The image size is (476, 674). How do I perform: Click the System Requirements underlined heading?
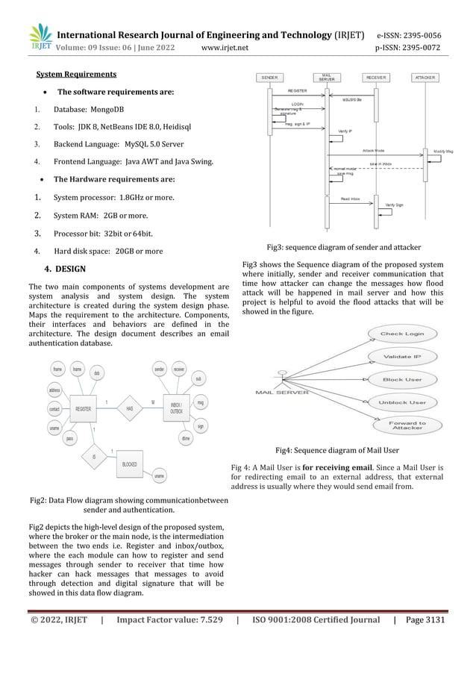point(76,74)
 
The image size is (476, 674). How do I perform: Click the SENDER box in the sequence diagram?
point(269,77)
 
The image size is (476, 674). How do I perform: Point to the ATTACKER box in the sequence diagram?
point(425,77)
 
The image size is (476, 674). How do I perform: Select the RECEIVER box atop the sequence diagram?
point(375,77)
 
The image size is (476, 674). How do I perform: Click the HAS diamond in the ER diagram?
point(129,408)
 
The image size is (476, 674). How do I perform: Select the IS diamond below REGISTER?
point(94,456)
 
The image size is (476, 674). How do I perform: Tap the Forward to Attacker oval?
point(407,426)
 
